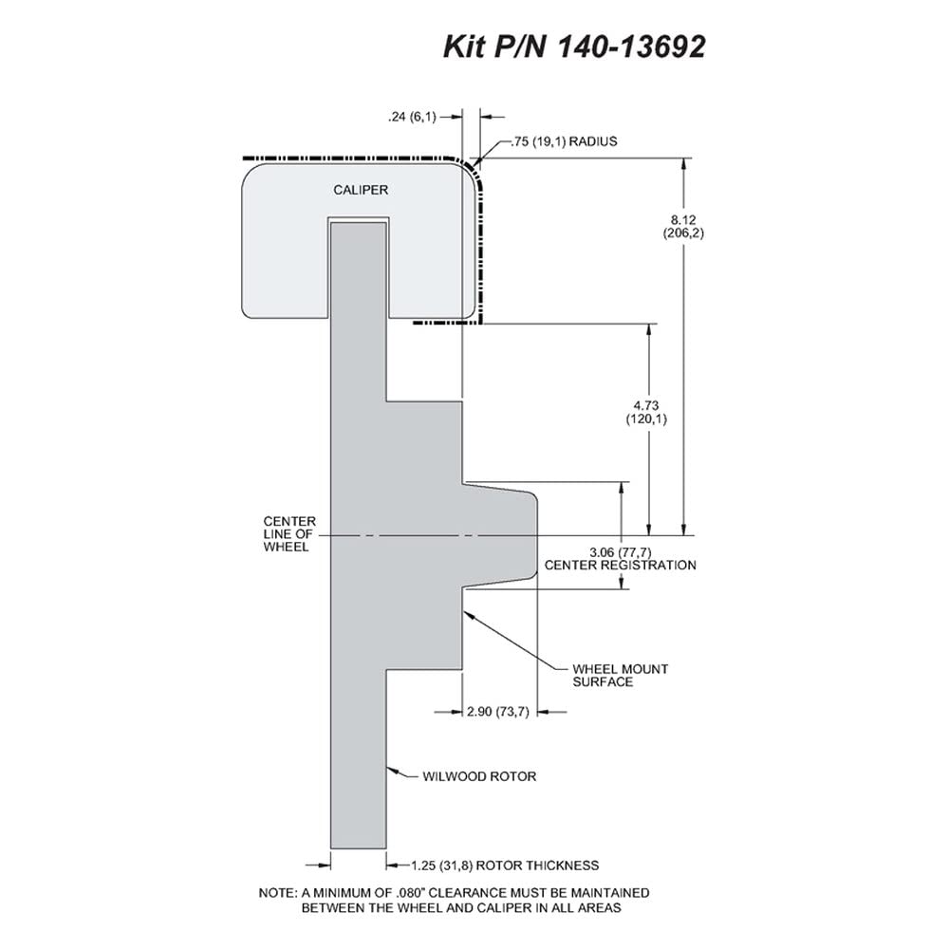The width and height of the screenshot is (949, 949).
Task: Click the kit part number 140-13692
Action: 631,47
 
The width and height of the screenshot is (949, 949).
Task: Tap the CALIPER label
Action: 361,190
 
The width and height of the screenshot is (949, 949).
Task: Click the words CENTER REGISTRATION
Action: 621,566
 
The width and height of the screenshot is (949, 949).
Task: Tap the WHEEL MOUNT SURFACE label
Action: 621,676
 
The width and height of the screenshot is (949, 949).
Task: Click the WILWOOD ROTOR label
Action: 479,776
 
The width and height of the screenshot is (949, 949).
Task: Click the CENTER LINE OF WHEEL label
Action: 289,533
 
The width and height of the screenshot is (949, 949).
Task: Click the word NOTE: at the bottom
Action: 278,893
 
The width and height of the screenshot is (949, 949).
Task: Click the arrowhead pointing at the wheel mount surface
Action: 468,614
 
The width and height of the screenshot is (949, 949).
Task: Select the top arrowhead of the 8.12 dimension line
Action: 684,164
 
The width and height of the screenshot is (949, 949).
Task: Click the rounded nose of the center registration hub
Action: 535,535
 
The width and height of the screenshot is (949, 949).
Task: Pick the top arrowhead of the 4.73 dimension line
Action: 649,330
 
